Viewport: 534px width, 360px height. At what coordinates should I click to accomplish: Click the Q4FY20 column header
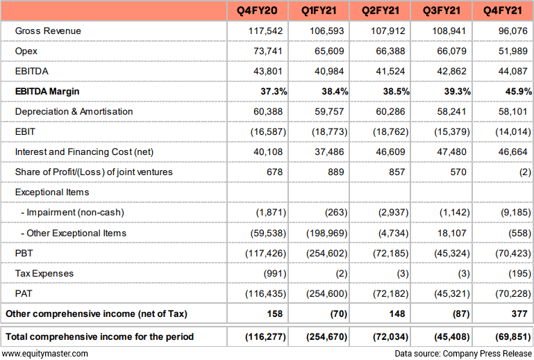pyautogui.click(x=257, y=10)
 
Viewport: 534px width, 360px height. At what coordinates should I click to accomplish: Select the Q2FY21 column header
pyautogui.click(x=380, y=10)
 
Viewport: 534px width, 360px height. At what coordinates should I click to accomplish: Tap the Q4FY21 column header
pyautogui.click(x=503, y=10)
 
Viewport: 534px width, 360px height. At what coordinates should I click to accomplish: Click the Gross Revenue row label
pyautogui.click(x=48, y=31)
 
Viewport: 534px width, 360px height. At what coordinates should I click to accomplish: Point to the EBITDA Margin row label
pyautogui.click(x=47, y=91)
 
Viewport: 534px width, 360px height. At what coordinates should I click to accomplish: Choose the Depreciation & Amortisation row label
pyautogui.click(x=74, y=111)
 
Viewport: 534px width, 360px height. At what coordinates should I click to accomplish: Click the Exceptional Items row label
pyautogui.click(x=52, y=193)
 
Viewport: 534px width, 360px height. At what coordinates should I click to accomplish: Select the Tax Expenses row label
pyautogui.click(x=44, y=273)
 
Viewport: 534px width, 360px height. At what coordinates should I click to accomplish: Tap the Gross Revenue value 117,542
pyautogui.click(x=266, y=31)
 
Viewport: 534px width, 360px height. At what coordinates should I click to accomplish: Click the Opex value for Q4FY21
pyautogui.click(x=513, y=51)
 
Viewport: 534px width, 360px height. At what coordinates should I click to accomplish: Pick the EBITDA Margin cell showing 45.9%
pyautogui.click(x=518, y=91)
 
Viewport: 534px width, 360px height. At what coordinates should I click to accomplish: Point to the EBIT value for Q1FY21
pyautogui.click(x=329, y=131)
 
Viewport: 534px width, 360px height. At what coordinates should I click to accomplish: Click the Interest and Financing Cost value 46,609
pyautogui.click(x=391, y=152)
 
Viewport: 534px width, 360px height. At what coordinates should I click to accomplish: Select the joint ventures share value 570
pyautogui.click(x=458, y=172)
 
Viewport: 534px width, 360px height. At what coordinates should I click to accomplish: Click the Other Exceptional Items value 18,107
pyautogui.click(x=452, y=234)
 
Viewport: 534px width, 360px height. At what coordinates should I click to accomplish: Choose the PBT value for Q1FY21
pyautogui.click(x=327, y=253)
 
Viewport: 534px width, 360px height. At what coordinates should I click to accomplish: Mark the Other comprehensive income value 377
pyautogui.click(x=519, y=313)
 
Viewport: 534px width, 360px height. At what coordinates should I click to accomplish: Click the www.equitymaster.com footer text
pyautogui.click(x=44, y=354)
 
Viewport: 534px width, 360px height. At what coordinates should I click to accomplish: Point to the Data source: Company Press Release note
pyautogui.click(x=463, y=354)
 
